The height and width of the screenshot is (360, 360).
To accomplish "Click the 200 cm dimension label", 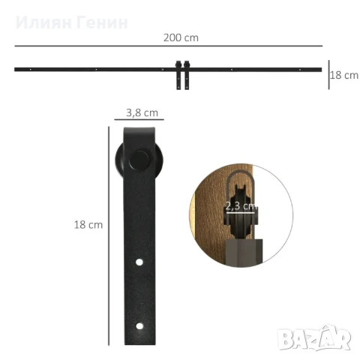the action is [x=181, y=37].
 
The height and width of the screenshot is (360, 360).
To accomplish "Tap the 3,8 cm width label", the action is [x=142, y=112].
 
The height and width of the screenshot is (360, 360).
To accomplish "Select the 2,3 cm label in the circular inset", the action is [x=241, y=206].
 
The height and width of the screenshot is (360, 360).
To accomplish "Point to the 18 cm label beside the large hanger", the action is [x=88, y=225].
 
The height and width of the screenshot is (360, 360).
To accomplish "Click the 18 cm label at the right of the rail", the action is [x=344, y=75].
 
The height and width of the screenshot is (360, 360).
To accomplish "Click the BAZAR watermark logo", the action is [x=314, y=337].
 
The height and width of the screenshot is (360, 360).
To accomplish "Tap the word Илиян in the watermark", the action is [x=44, y=22].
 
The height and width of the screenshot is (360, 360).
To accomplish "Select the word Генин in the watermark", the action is [x=102, y=22].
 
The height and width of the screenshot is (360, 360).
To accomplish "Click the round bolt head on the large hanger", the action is [x=139, y=160].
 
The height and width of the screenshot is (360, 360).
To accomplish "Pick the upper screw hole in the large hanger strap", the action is [x=139, y=262].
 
